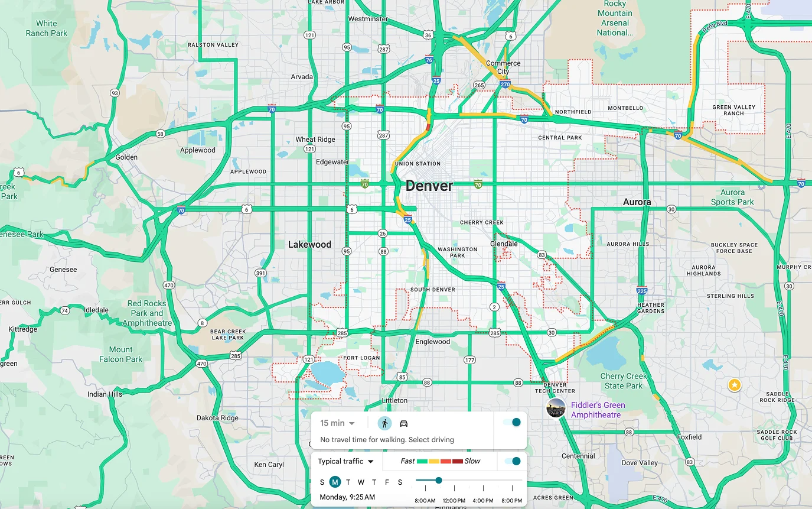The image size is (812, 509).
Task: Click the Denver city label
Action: point(429,186)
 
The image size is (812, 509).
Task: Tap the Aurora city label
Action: point(637,202)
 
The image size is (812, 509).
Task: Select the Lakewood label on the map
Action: point(309,244)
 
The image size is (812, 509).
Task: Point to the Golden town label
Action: point(126,157)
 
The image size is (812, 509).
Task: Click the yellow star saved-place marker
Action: point(734,385)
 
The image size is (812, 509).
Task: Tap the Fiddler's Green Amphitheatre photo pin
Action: point(556,408)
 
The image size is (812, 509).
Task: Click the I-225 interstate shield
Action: point(642,290)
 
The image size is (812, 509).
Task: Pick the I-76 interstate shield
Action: point(429,60)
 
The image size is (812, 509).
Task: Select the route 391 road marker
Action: point(260,273)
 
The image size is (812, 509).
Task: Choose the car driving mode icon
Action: point(404,423)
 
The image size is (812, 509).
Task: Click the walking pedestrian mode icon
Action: point(384,423)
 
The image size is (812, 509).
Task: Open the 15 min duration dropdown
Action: point(337,423)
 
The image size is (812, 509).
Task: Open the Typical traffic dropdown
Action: point(346,461)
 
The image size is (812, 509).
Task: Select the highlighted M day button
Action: point(335,482)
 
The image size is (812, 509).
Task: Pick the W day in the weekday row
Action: point(361,482)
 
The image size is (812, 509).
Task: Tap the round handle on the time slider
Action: point(439,480)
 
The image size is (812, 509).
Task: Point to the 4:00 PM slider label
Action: point(482,500)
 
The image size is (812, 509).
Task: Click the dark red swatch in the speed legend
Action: point(458,461)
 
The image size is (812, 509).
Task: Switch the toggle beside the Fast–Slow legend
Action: point(512,461)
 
